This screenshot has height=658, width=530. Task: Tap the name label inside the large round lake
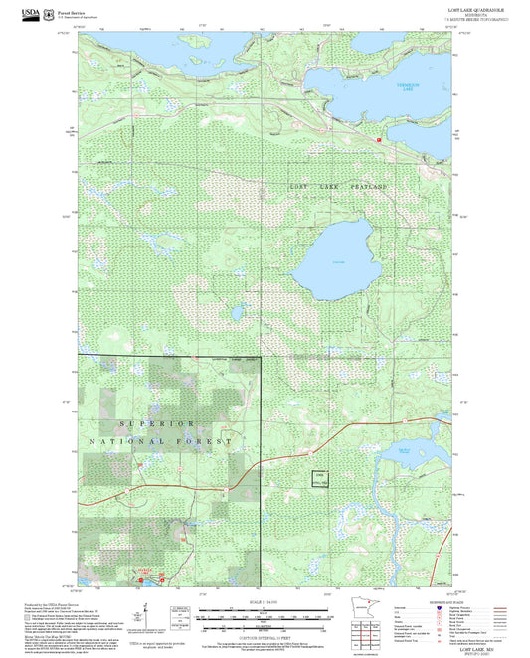[x=338, y=260]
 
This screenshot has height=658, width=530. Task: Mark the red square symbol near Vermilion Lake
[x=379, y=140]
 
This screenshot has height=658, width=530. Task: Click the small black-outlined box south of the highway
[x=320, y=478]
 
